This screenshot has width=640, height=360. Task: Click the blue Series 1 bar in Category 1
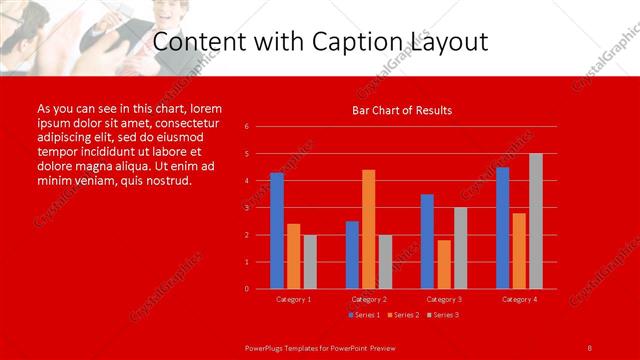coord(277,231)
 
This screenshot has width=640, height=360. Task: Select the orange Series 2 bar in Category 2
coord(369,229)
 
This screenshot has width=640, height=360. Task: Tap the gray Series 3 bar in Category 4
coord(536,221)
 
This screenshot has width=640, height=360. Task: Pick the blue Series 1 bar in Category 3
coord(427,241)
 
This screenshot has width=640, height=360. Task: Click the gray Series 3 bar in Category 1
coord(310,261)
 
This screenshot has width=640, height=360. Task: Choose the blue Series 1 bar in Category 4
coord(502,228)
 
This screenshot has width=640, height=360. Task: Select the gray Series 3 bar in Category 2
coord(386,261)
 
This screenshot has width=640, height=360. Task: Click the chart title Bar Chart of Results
coord(402,110)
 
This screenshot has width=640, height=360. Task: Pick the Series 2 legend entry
coord(402,315)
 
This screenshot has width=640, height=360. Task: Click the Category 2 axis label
coord(369,299)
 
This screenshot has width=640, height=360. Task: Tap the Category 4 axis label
coord(519,299)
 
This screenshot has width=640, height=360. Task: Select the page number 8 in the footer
coord(589,347)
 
